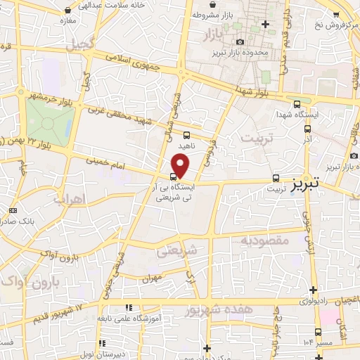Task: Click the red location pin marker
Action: [181, 166]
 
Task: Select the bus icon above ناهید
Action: [186, 135]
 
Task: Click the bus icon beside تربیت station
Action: [276, 179]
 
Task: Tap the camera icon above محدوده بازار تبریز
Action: [241, 43]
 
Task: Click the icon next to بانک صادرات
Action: [13, 210]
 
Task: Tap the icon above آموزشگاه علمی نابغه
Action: [128, 307]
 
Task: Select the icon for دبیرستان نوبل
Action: [103, 344]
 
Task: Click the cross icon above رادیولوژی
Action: [313, 289]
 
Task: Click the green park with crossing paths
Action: [49, 121]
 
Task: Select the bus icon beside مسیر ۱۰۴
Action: [319, 332]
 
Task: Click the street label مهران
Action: [151, 278]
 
